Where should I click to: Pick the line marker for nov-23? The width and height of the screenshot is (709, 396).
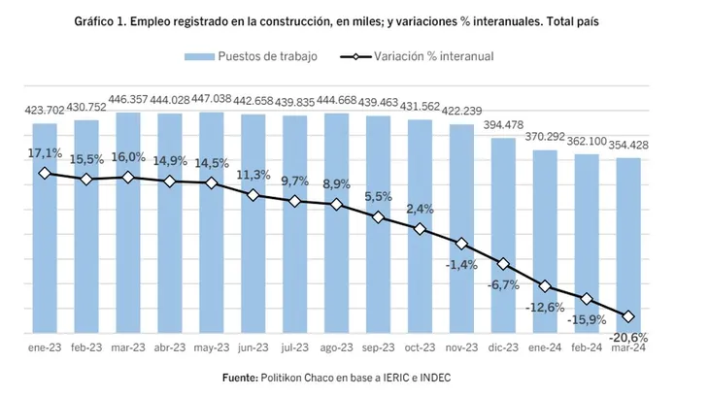[461, 244]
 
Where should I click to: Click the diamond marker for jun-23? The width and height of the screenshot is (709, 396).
[253, 195]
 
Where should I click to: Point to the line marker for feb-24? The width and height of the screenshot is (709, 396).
[587, 299]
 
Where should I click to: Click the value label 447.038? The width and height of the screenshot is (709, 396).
[212, 99]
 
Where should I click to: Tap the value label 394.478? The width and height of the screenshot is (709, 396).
[503, 125]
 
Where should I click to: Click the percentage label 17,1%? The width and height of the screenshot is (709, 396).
[45, 153]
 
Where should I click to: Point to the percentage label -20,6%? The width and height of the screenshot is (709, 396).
[629, 337]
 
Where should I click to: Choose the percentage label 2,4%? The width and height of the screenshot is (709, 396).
[420, 208]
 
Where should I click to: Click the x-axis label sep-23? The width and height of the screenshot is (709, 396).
[378, 348]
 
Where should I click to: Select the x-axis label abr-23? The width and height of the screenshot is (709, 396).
[170, 348]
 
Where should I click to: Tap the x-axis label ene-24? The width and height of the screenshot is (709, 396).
[545, 348]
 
